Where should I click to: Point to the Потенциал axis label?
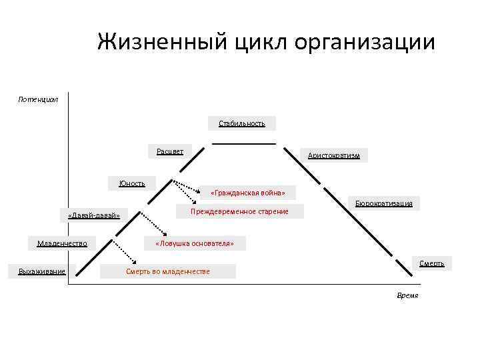[x=38, y=99]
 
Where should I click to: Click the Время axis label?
[x=407, y=295]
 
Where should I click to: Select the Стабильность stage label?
[x=242, y=123]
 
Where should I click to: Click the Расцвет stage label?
[x=170, y=151]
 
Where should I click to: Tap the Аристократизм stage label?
[x=333, y=155]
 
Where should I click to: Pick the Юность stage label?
[x=132, y=183]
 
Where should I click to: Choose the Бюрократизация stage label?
[x=383, y=203]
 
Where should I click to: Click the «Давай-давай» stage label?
[x=94, y=215]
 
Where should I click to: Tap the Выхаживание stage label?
[x=42, y=271]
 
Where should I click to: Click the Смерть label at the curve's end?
[x=431, y=263]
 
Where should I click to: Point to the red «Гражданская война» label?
[x=247, y=193]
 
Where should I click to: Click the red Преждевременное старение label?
[x=239, y=211]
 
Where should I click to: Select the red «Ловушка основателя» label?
[x=194, y=243]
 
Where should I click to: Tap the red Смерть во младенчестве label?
[x=167, y=271]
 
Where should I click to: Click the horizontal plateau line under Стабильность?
[x=244, y=143]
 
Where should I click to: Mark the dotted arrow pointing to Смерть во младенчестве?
[x=124, y=251]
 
